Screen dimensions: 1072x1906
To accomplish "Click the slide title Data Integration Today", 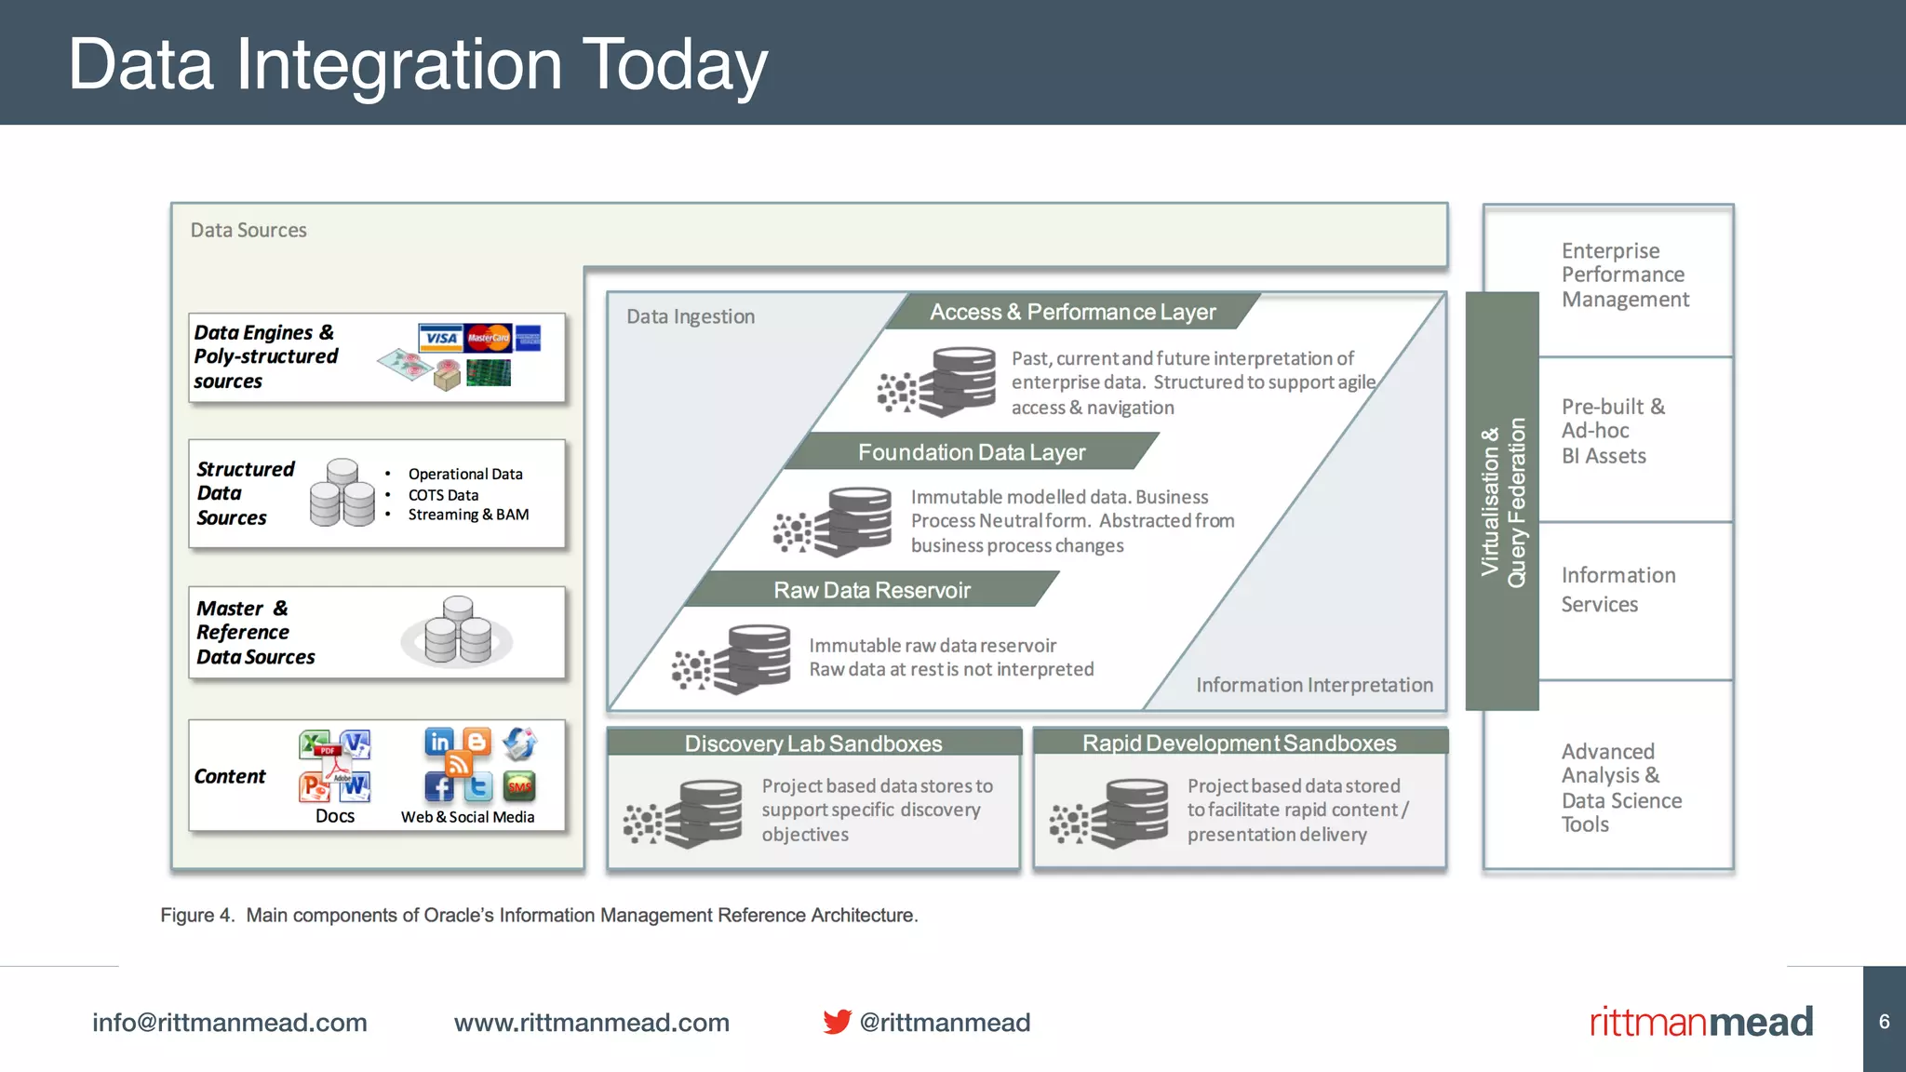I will pyautogui.click(x=418, y=64).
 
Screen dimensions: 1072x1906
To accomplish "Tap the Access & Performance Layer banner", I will pyautogui.click(x=1072, y=312).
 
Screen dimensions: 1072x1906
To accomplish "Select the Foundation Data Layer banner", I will pyautogui.click(x=971, y=452).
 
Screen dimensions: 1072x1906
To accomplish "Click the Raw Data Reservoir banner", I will pyautogui.click(x=871, y=590).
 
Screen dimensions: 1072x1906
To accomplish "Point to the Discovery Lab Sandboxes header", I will pyautogui.click(x=813, y=743).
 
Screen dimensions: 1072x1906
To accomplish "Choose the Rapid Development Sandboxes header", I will pyautogui.click(x=1239, y=743).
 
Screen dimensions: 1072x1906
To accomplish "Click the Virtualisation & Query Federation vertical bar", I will pyautogui.click(x=1502, y=502).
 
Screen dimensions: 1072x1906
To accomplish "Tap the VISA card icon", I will pyautogui.click(x=440, y=338).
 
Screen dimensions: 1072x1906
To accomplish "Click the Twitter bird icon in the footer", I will pyautogui.click(x=837, y=1021).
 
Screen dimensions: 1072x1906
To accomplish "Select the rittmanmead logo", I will pyautogui.click(x=1700, y=1021).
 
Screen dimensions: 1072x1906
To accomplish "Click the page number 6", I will pyautogui.click(x=1884, y=1021).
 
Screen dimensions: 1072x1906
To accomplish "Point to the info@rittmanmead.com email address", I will pyautogui.click(x=229, y=1022).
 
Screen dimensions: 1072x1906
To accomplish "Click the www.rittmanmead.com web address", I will pyautogui.click(x=591, y=1022).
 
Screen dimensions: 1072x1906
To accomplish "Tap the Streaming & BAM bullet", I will pyautogui.click(x=467, y=515).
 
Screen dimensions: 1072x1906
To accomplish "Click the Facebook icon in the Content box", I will pyautogui.click(x=439, y=787).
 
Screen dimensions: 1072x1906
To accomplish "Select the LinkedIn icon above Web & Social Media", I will pyautogui.click(x=439, y=742).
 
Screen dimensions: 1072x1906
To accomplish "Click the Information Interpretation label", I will pyautogui.click(x=1313, y=685).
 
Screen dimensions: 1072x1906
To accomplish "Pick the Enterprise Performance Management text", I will pyautogui.click(x=1624, y=275).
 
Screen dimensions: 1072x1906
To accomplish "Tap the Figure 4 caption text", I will pyautogui.click(x=539, y=915).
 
